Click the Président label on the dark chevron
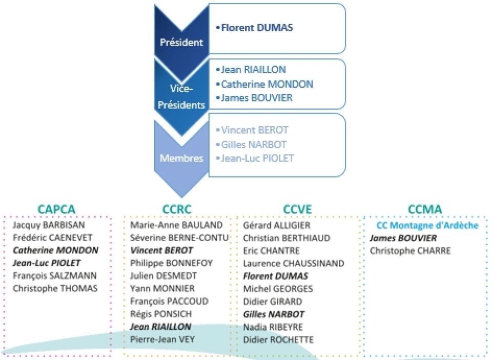click(181, 42)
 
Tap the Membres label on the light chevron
click(181, 158)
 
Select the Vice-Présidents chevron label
click(181, 96)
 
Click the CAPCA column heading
click(56, 209)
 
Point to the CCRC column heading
click(177, 209)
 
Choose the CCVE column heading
click(297, 209)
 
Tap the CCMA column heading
click(425, 209)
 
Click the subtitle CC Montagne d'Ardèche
click(427, 225)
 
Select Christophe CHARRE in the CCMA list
click(410, 251)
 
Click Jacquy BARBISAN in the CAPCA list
click(49, 225)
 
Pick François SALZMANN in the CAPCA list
click(55, 276)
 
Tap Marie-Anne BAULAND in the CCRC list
click(176, 225)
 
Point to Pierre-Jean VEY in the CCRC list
click(162, 339)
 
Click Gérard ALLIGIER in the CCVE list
click(276, 225)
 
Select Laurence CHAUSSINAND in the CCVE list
click(293, 263)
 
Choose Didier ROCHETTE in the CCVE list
click(278, 339)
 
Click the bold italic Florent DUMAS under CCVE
click(276, 276)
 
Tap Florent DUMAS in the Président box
click(257, 28)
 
